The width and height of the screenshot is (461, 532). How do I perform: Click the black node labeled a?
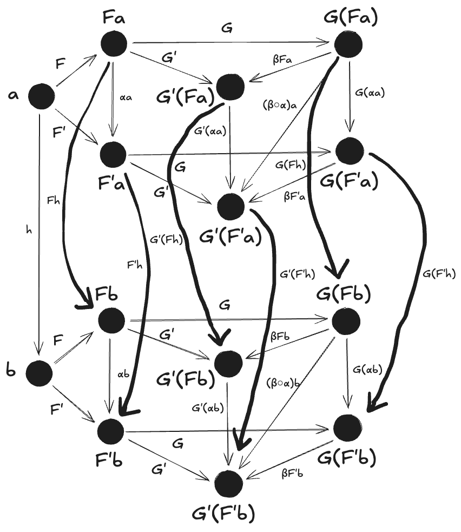tap(41, 96)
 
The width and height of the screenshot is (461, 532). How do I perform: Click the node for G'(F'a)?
tap(231, 206)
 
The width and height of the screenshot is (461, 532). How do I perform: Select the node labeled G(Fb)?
tap(346, 321)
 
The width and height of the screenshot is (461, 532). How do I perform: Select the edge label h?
tap(29, 229)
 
